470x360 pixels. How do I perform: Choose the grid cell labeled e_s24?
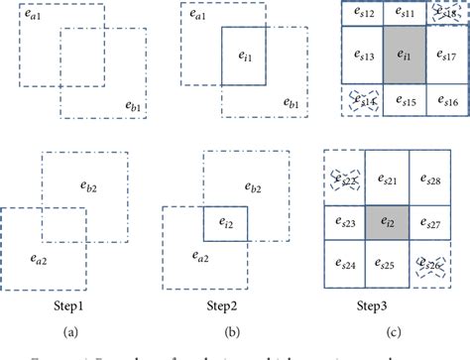pyautogui.click(x=345, y=265)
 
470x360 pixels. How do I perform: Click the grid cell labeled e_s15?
pyautogui.click(x=403, y=99)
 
